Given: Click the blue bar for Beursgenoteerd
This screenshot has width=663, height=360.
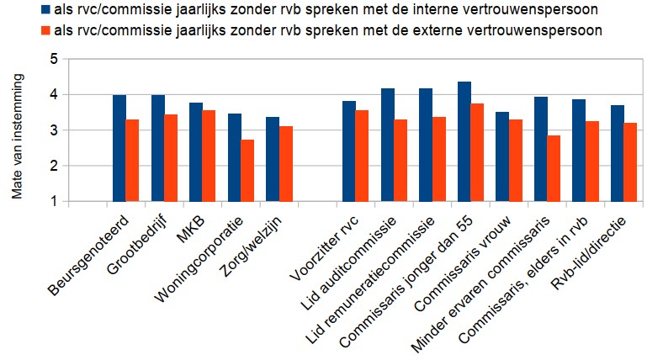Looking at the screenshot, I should coord(119,149).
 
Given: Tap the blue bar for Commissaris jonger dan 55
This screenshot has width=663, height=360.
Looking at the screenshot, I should coord(464,142).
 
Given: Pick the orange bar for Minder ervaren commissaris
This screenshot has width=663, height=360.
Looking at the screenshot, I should coord(553,168).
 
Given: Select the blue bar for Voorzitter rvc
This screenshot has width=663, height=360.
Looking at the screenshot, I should coord(349,151).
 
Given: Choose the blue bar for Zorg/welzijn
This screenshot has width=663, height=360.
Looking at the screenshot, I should coord(273,160).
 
